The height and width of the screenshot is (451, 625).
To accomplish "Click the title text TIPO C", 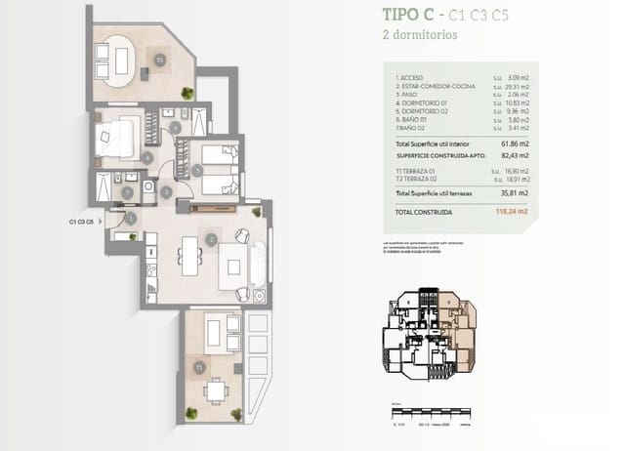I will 408,15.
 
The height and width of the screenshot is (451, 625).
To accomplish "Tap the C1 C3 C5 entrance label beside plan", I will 81,223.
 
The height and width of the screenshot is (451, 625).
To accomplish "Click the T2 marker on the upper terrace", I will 159,60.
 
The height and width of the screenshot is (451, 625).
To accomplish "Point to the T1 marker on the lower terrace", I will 199,367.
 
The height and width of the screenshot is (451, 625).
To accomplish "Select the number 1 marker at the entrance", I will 131,218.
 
